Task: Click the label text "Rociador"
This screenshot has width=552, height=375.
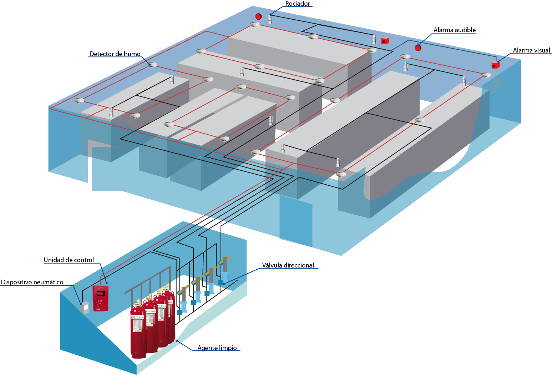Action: click(x=298, y=4)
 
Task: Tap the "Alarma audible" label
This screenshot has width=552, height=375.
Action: click(x=454, y=30)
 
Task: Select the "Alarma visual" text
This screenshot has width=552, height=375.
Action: click(x=531, y=50)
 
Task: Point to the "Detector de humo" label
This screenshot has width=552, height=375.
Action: click(x=115, y=54)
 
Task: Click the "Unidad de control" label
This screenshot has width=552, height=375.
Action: click(x=69, y=260)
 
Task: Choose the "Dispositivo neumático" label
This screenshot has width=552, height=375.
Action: click(x=32, y=282)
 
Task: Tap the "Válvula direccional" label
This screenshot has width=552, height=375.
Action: click(x=288, y=265)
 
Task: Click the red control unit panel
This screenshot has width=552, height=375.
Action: click(x=100, y=298)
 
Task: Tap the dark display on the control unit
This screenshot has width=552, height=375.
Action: click(x=100, y=293)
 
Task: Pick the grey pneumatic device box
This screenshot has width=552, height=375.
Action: click(x=84, y=308)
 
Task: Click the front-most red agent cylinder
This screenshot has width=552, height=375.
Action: click(x=138, y=332)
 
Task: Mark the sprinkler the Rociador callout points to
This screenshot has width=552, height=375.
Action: click(x=270, y=19)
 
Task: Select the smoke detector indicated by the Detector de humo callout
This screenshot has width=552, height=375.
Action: click(x=152, y=65)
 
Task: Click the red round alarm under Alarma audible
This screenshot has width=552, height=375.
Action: click(x=418, y=47)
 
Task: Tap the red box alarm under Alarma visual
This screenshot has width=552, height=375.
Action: click(x=495, y=65)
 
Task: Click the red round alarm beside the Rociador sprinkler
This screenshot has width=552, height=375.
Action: click(x=258, y=16)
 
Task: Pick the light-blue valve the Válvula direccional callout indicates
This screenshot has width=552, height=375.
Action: click(x=224, y=277)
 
